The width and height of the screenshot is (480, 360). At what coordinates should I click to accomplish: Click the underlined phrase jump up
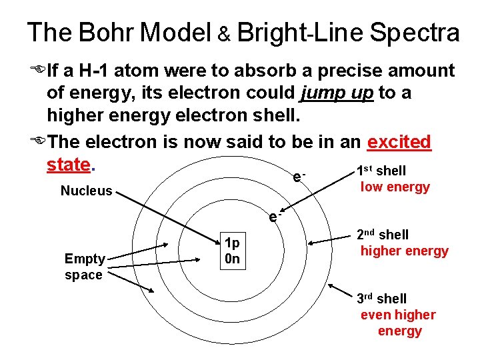337,94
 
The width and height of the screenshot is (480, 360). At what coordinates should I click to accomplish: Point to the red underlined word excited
399,142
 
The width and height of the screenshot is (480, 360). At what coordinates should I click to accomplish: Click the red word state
68,164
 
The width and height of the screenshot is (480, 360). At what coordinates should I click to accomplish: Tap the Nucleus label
87,191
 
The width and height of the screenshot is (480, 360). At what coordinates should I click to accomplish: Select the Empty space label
84,267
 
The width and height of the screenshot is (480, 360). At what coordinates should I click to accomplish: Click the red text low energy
395,187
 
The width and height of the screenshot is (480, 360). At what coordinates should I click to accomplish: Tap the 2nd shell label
383,235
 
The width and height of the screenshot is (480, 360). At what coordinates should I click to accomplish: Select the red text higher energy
404,251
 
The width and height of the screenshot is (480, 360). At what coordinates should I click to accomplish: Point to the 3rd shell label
381,299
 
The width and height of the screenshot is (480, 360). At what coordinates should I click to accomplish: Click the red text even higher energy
399,323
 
